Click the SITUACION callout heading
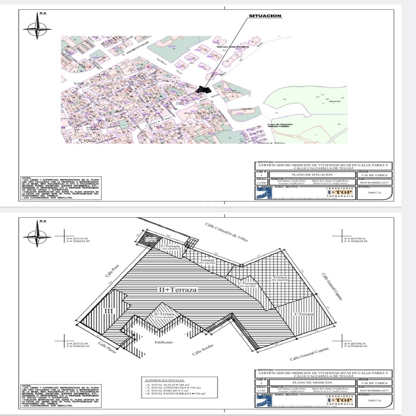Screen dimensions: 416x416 pos(265,16)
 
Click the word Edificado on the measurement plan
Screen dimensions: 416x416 pos(164,342)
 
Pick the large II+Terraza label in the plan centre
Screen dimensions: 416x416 pos(178,290)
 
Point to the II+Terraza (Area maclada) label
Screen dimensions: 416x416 pos(164,315)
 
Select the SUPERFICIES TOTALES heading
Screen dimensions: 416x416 pos(164,380)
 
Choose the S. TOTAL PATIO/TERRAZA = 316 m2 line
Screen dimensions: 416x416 pos(175,394)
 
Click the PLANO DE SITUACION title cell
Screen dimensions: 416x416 pos(312,175)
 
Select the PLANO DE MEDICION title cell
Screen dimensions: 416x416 pos(312,382)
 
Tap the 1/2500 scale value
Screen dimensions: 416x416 pos(261,183)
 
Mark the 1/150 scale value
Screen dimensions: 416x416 pos(261,391)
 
